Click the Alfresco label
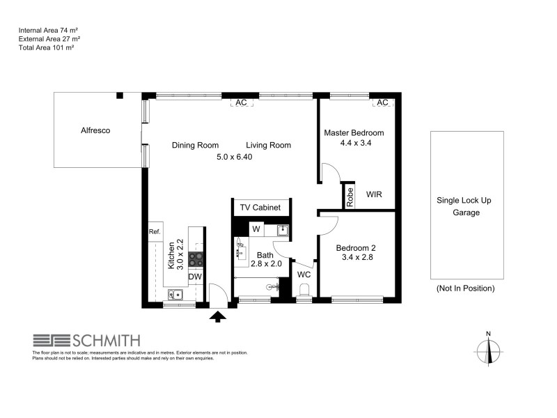96,130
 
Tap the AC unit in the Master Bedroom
382,102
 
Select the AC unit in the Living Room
241,102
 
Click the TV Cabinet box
260,208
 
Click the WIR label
374,195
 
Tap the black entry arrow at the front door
218,317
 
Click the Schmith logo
86,341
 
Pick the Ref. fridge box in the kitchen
155,232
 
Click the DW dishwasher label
196,277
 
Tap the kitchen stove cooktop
196,258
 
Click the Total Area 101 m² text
46,48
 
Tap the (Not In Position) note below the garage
465,288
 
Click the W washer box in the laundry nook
256,229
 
